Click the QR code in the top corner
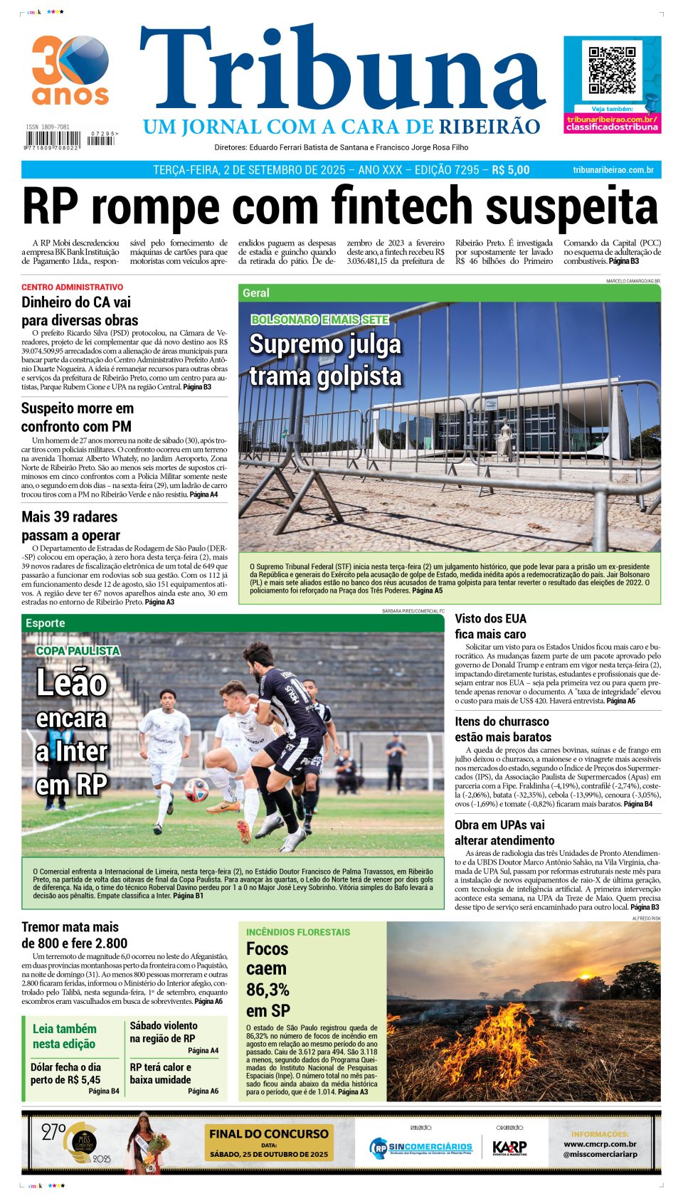[612, 70]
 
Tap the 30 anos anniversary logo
[70, 70]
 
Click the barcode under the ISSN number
[51, 138]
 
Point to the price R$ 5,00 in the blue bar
[511, 170]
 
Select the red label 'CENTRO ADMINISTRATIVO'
[72, 287]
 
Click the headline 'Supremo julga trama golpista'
[325, 360]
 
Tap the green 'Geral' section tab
[256, 293]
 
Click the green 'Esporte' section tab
[45, 623]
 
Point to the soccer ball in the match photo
[196, 790]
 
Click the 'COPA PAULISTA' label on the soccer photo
[78, 651]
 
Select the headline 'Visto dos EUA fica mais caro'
[490, 626]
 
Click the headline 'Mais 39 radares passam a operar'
[70, 526]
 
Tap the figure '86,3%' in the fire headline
[268, 990]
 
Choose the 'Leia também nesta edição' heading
[64, 1036]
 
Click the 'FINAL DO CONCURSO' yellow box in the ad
[269, 1141]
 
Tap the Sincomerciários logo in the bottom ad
[420, 1147]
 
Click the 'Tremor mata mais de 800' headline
[74, 935]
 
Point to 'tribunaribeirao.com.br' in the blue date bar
[613, 170]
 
